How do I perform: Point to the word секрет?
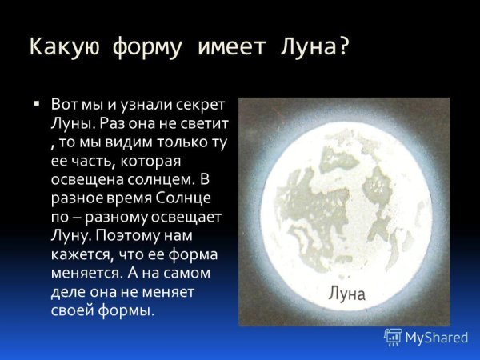(199, 106)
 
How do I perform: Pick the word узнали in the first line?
(139, 106)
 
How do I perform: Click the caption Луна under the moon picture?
(346, 294)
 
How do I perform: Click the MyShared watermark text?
(436, 338)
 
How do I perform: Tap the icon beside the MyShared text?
(393, 337)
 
